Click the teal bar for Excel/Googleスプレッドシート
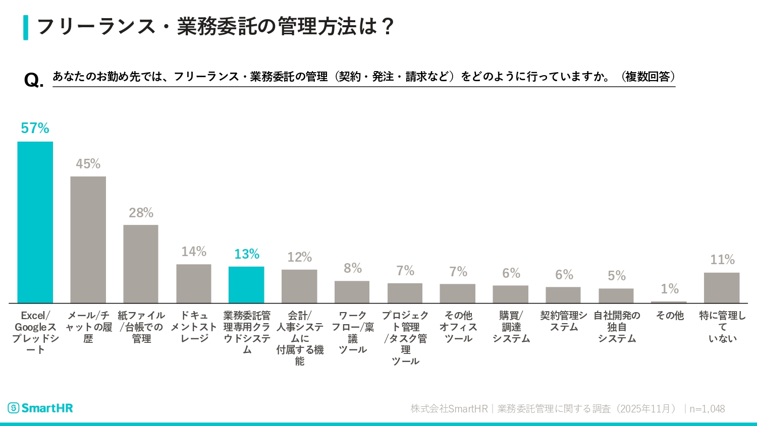(35, 222)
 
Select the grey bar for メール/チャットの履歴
(88, 239)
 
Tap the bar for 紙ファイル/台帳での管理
(141, 264)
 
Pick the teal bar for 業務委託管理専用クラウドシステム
(246, 284)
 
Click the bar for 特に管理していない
(722, 287)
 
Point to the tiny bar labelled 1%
(669, 302)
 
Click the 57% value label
(35, 129)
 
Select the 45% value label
(88, 164)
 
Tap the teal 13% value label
(246, 254)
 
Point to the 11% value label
(722, 260)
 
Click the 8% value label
(353, 268)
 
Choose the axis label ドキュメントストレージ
(194, 327)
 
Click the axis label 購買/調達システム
(511, 327)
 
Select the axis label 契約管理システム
(564, 321)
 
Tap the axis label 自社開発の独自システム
(617, 327)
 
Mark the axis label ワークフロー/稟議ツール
(353, 332)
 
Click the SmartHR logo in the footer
(40, 408)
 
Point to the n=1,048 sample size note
(707, 409)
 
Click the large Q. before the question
(34, 80)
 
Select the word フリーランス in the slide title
(96, 27)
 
